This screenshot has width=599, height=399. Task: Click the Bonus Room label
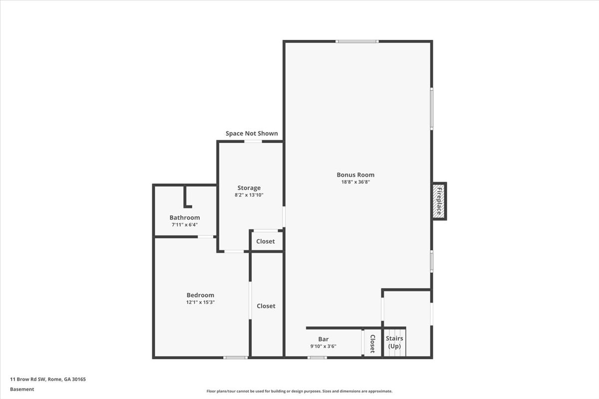click(x=355, y=175)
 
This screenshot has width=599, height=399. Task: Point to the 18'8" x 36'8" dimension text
click(x=355, y=182)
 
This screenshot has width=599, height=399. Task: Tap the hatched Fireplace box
click(x=439, y=201)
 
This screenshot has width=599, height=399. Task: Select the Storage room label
click(x=249, y=188)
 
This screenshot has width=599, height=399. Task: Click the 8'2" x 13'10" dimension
click(x=249, y=195)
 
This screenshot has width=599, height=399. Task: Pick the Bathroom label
click(x=185, y=217)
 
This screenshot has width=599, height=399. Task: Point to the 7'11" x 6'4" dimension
click(x=185, y=225)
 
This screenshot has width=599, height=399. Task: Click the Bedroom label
click(x=200, y=295)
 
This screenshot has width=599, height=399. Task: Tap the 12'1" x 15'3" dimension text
click(x=200, y=302)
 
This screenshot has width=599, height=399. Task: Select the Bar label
click(x=323, y=339)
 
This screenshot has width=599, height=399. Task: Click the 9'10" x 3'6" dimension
click(x=323, y=346)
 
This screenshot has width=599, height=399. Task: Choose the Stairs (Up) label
click(x=394, y=342)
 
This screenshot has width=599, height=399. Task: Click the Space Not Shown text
click(x=252, y=133)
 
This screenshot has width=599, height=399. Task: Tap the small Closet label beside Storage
click(x=265, y=241)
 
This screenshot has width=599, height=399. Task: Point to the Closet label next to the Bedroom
click(x=266, y=306)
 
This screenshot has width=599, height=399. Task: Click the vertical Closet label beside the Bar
click(x=372, y=344)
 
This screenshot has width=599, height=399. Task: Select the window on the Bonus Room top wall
click(x=357, y=41)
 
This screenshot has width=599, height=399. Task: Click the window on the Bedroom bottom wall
click(x=236, y=358)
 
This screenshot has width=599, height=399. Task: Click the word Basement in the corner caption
click(x=22, y=390)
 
